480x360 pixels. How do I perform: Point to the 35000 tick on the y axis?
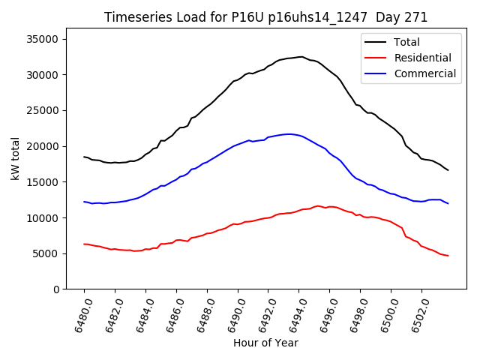(x=49, y=39)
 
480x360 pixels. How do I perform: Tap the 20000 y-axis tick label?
(x=49, y=146)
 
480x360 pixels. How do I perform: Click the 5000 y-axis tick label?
(x=52, y=253)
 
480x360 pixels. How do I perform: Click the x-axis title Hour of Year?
(x=265, y=343)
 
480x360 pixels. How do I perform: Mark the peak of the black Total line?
(x=301, y=56)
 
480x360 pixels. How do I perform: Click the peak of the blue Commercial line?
(x=289, y=134)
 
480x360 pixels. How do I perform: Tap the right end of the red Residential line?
(x=448, y=256)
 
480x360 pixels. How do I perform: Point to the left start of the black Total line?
(x=84, y=157)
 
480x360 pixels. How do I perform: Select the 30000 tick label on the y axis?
(x=49, y=75)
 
